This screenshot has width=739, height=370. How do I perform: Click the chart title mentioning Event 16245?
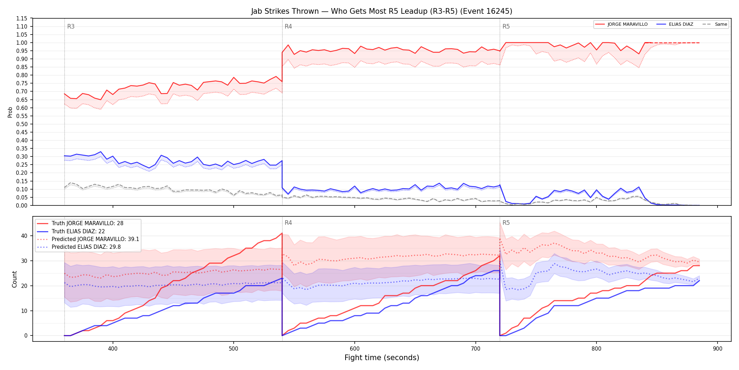pyautogui.click(x=381, y=11)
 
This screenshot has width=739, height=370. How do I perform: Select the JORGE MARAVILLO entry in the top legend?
pyautogui.click(x=621, y=24)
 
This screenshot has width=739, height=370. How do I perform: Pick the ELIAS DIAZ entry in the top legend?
pyautogui.click(x=675, y=24)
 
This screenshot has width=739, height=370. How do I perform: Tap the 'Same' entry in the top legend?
pyautogui.click(x=715, y=24)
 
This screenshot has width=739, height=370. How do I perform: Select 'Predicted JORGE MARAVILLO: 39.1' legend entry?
pyautogui.click(x=88, y=239)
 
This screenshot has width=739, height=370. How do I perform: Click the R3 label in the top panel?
pyautogui.click(x=71, y=26)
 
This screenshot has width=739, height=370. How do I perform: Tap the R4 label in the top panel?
pyautogui.click(x=288, y=26)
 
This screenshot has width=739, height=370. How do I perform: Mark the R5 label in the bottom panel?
pyautogui.click(x=506, y=223)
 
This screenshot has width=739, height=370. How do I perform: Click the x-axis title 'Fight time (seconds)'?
pyautogui.click(x=382, y=358)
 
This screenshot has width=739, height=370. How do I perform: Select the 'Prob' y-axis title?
pyautogui.click(x=10, y=112)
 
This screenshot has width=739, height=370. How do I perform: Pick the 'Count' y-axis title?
pyautogui.click(x=14, y=279)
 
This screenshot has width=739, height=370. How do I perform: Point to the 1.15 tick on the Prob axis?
pyautogui.click(x=22, y=18)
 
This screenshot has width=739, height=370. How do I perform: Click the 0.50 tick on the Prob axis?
pyautogui.click(x=22, y=124)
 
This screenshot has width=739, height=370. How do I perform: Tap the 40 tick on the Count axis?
pyautogui.click(x=24, y=236)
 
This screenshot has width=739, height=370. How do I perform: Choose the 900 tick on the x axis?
pyautogui.click(x=718, y=349)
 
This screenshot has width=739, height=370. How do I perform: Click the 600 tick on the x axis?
pyautogui.click(x=354, y=349)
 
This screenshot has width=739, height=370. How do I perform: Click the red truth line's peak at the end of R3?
pyautogui.click(x=282, y=233)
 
